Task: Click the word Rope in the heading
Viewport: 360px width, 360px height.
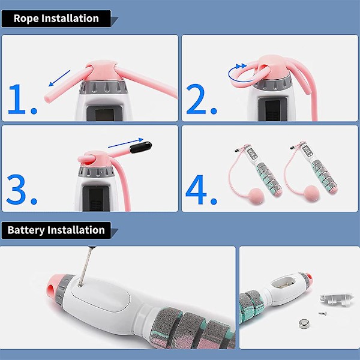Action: [x=26, y=19]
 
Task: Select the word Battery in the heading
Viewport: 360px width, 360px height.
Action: [x=26, y=230]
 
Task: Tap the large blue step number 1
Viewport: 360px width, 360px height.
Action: [x=17, y=99]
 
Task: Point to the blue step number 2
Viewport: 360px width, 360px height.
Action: [x=196, y=99]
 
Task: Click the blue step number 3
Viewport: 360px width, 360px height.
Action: [x=16, y=190]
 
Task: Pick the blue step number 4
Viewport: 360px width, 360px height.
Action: [x=196, y=190]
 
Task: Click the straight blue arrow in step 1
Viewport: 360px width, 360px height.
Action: [x=59, y=78]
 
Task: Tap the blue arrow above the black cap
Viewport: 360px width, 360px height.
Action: [x=125, y=143]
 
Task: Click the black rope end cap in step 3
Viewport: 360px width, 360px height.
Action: [x=140, y=147]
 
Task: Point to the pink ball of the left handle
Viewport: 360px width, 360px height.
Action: [x=256, y=196]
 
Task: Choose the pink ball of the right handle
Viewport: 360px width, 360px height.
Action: [x=311, y=193]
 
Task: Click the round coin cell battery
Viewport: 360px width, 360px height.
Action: [x=305, y=324]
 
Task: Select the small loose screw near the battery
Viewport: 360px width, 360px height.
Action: [x=322, y=313]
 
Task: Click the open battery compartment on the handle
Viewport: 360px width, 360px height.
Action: [x=284, y=283]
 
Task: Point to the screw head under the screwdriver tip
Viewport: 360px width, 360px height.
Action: [x=80, y=285]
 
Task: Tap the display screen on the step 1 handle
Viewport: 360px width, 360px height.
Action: [x=104, y=115]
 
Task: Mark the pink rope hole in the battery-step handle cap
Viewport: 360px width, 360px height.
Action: [x=51, y=290]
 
